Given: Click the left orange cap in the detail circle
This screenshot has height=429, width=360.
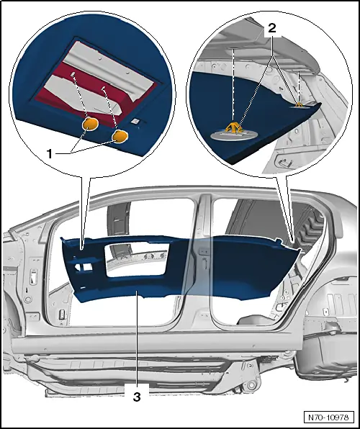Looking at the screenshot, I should coord(91,125).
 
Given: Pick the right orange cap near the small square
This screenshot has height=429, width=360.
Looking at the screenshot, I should coord(120,135).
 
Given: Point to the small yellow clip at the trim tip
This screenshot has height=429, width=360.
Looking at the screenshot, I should coord(299,104).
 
